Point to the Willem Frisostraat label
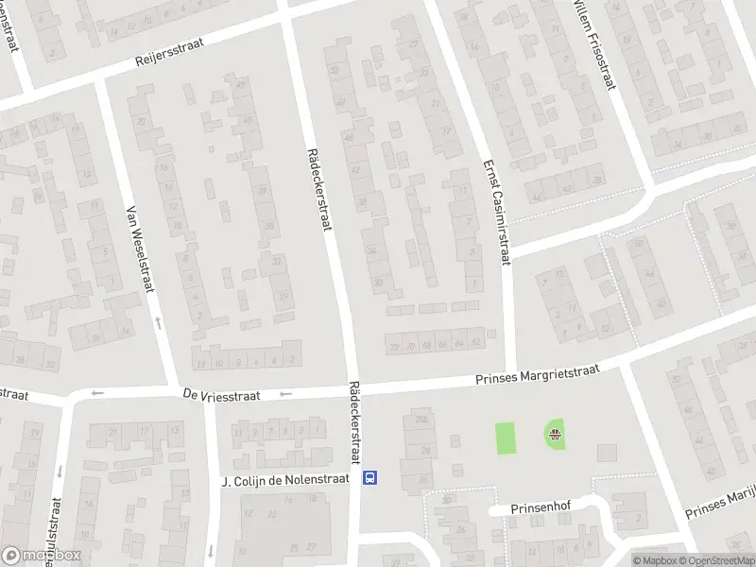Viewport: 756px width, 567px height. [x=593, y=43]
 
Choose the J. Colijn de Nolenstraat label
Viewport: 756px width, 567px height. [x=284, y=480]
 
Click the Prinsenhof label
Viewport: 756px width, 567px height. [x=537, y=508]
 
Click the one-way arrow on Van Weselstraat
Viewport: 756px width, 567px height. [x=158, y=324]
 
